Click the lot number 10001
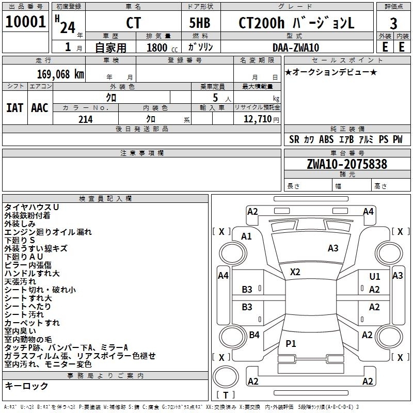point(25,22)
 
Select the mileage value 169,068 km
point(60,74)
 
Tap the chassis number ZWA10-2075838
point(347,164)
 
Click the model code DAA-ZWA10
point(296,47)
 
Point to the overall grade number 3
point(393,23)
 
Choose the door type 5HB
point(200,23)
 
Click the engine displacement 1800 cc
point(162,47)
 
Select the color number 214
point(85,119)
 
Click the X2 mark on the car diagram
point(295,272)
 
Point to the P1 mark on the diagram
point(291,343)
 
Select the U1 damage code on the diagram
point(375,276)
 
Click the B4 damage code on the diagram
point(254,335)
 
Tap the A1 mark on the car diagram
point(246,236)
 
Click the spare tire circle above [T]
point(226,377)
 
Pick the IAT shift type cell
point(15,108)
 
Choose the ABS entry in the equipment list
point(326,139)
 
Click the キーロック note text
point(26,386)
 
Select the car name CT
point(133,23)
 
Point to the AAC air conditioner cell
point(40,108)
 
